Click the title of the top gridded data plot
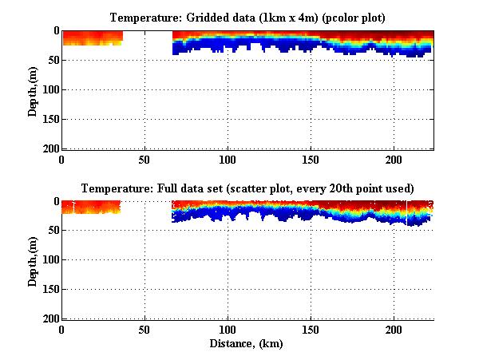coord(247,18)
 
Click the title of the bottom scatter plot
coord(247,189)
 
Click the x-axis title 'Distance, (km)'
coord(247,343)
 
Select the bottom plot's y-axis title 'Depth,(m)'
coord(33,259)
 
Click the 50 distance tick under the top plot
coord(144,159)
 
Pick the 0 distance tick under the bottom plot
coord(61,330)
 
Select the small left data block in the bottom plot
coord(90,207)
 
